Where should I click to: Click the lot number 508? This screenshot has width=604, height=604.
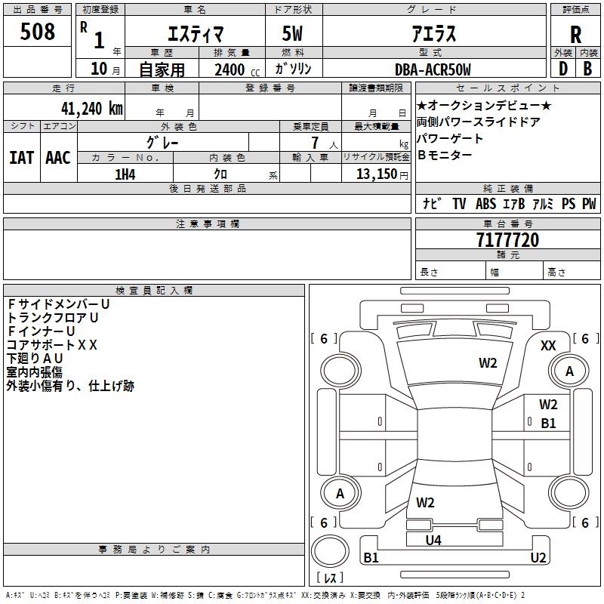[x=38, y=32]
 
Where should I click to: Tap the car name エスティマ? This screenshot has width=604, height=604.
[x=194, y=35]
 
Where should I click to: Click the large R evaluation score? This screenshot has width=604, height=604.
[x=575, y=34]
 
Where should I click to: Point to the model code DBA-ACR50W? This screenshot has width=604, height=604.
[x=433, y=69]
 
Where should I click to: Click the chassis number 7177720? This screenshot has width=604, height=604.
[x=507, y=241]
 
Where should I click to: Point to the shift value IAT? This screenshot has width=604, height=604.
[x=22, y=157]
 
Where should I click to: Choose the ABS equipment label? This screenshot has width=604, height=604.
[x=485, y=204]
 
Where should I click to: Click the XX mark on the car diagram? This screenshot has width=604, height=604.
[x=549, y=345]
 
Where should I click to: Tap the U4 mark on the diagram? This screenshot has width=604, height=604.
[x=433, y=540]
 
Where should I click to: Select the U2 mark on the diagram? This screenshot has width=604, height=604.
[x=538, y=558]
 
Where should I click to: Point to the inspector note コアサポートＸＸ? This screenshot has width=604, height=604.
[x=52, y=344]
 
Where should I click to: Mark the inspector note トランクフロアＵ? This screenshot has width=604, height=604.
[x=52, y=318]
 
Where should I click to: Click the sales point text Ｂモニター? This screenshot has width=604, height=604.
[x=445, y=155]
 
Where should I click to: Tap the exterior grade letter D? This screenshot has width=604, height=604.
[x=562, y=69]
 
